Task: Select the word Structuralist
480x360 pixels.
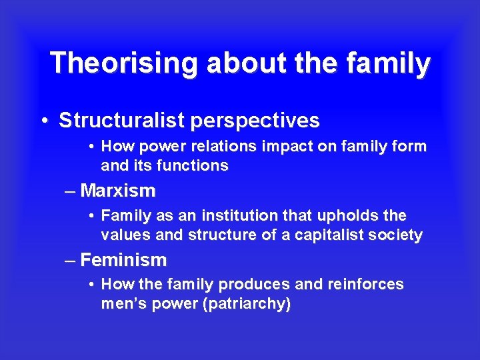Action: (123, 121)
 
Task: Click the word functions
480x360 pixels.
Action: (192, 165)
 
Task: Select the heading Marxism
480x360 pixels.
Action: (118, 191)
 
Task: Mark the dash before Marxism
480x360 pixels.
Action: (71, 192)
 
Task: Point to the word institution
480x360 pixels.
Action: (225, 216)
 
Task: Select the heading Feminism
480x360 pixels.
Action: (123, 259)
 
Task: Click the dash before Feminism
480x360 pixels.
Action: (71, 260)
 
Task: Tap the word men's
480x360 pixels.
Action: (123, 304)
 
